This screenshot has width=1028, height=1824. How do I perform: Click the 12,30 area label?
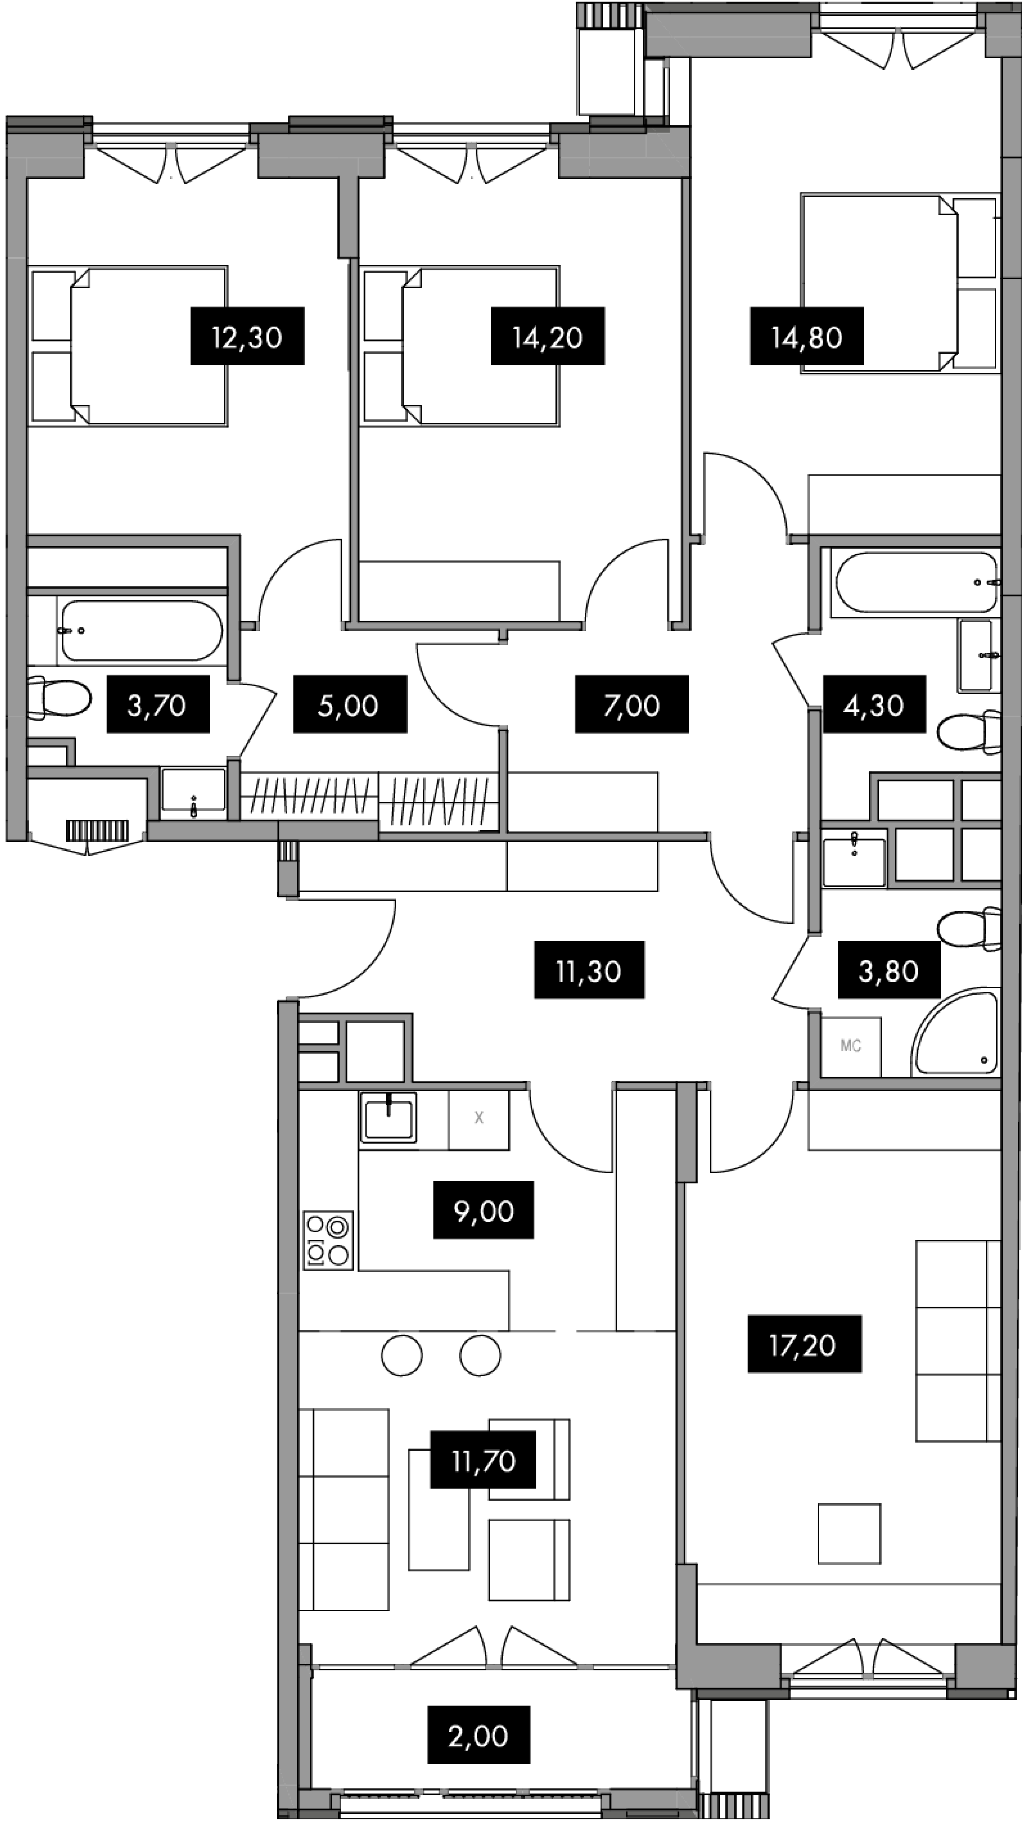[x=247, y=336]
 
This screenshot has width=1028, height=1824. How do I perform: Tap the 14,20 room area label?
[x=548, y=336]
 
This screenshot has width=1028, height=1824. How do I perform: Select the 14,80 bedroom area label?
[x=807, y=336]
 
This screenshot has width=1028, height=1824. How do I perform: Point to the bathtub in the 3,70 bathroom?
[x=142, y=630]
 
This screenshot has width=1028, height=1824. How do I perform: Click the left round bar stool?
[x=402, y=1356]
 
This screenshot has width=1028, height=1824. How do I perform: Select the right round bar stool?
[x=480, y=1356]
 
